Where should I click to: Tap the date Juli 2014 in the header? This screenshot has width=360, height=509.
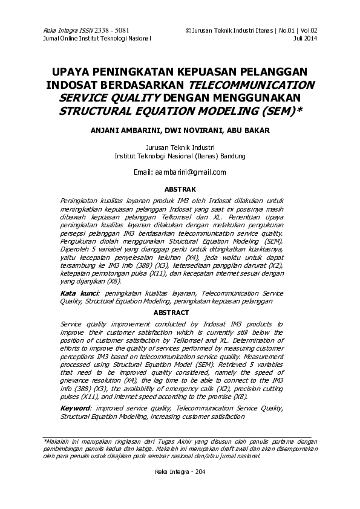click(x=305, y=37)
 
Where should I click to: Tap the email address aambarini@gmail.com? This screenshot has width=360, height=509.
click(x=188, y=172)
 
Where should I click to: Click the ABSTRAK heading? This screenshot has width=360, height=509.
click(x=180, y=189)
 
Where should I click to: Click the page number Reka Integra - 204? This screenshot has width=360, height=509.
click(x=180, y=472)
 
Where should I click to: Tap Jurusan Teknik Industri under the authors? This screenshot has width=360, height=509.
click(x=180, y=147)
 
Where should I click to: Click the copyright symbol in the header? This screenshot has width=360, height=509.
click(x=188, y=30)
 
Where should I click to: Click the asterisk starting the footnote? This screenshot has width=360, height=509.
click(x=44, y=442)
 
